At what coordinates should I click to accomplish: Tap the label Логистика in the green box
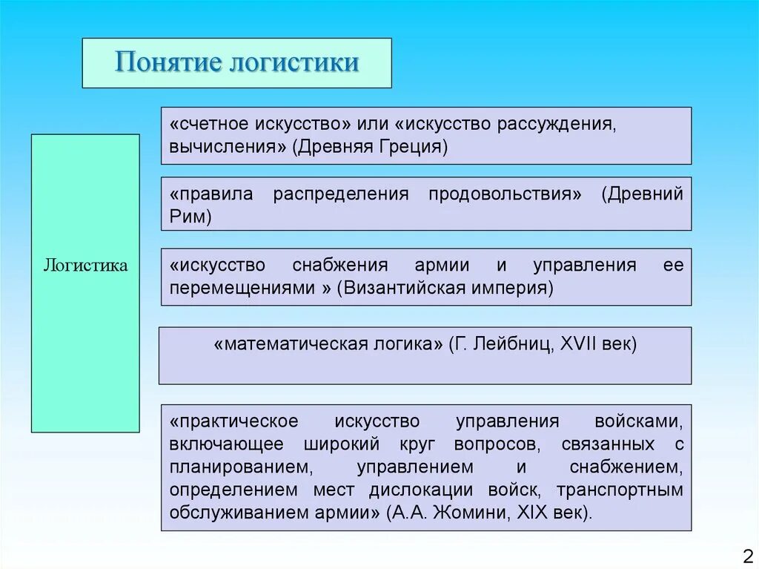click(x=85, y=265)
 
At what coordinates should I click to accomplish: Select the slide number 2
click(x=746, y=556)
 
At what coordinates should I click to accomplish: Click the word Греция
click(x=412, y=146)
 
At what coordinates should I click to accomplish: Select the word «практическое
click(x=233, y=421)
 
